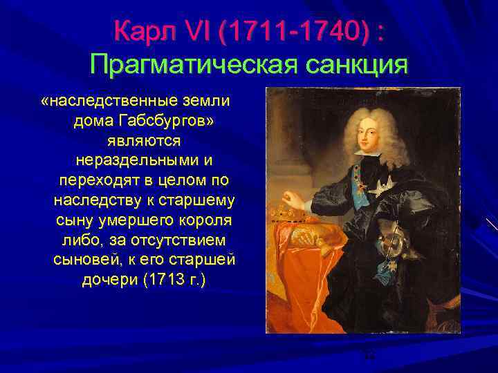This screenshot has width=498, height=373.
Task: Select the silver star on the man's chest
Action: [380, 185]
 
